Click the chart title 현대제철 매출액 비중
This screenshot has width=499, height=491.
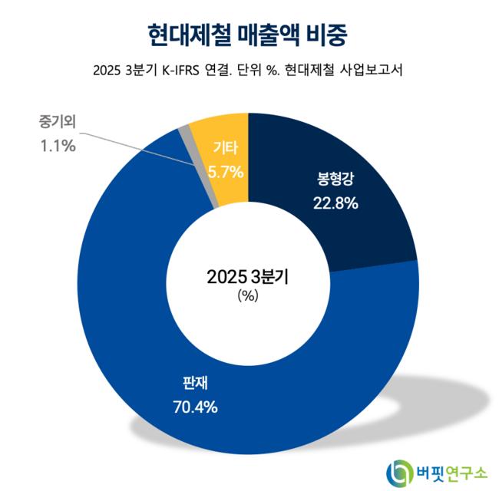coord(249,34)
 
